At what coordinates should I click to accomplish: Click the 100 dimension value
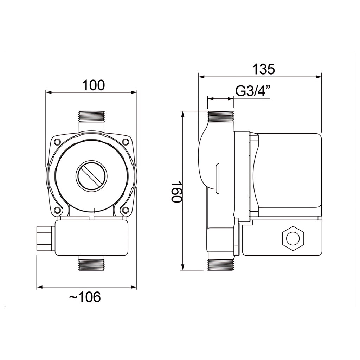94,85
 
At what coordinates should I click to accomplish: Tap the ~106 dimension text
85,297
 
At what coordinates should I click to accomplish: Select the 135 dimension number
264,69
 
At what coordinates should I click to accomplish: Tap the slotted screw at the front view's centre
91,175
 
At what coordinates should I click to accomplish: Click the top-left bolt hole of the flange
57,142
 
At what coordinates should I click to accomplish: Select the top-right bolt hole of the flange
126,142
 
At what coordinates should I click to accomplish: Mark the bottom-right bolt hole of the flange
126,210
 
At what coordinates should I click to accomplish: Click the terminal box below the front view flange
91,238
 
